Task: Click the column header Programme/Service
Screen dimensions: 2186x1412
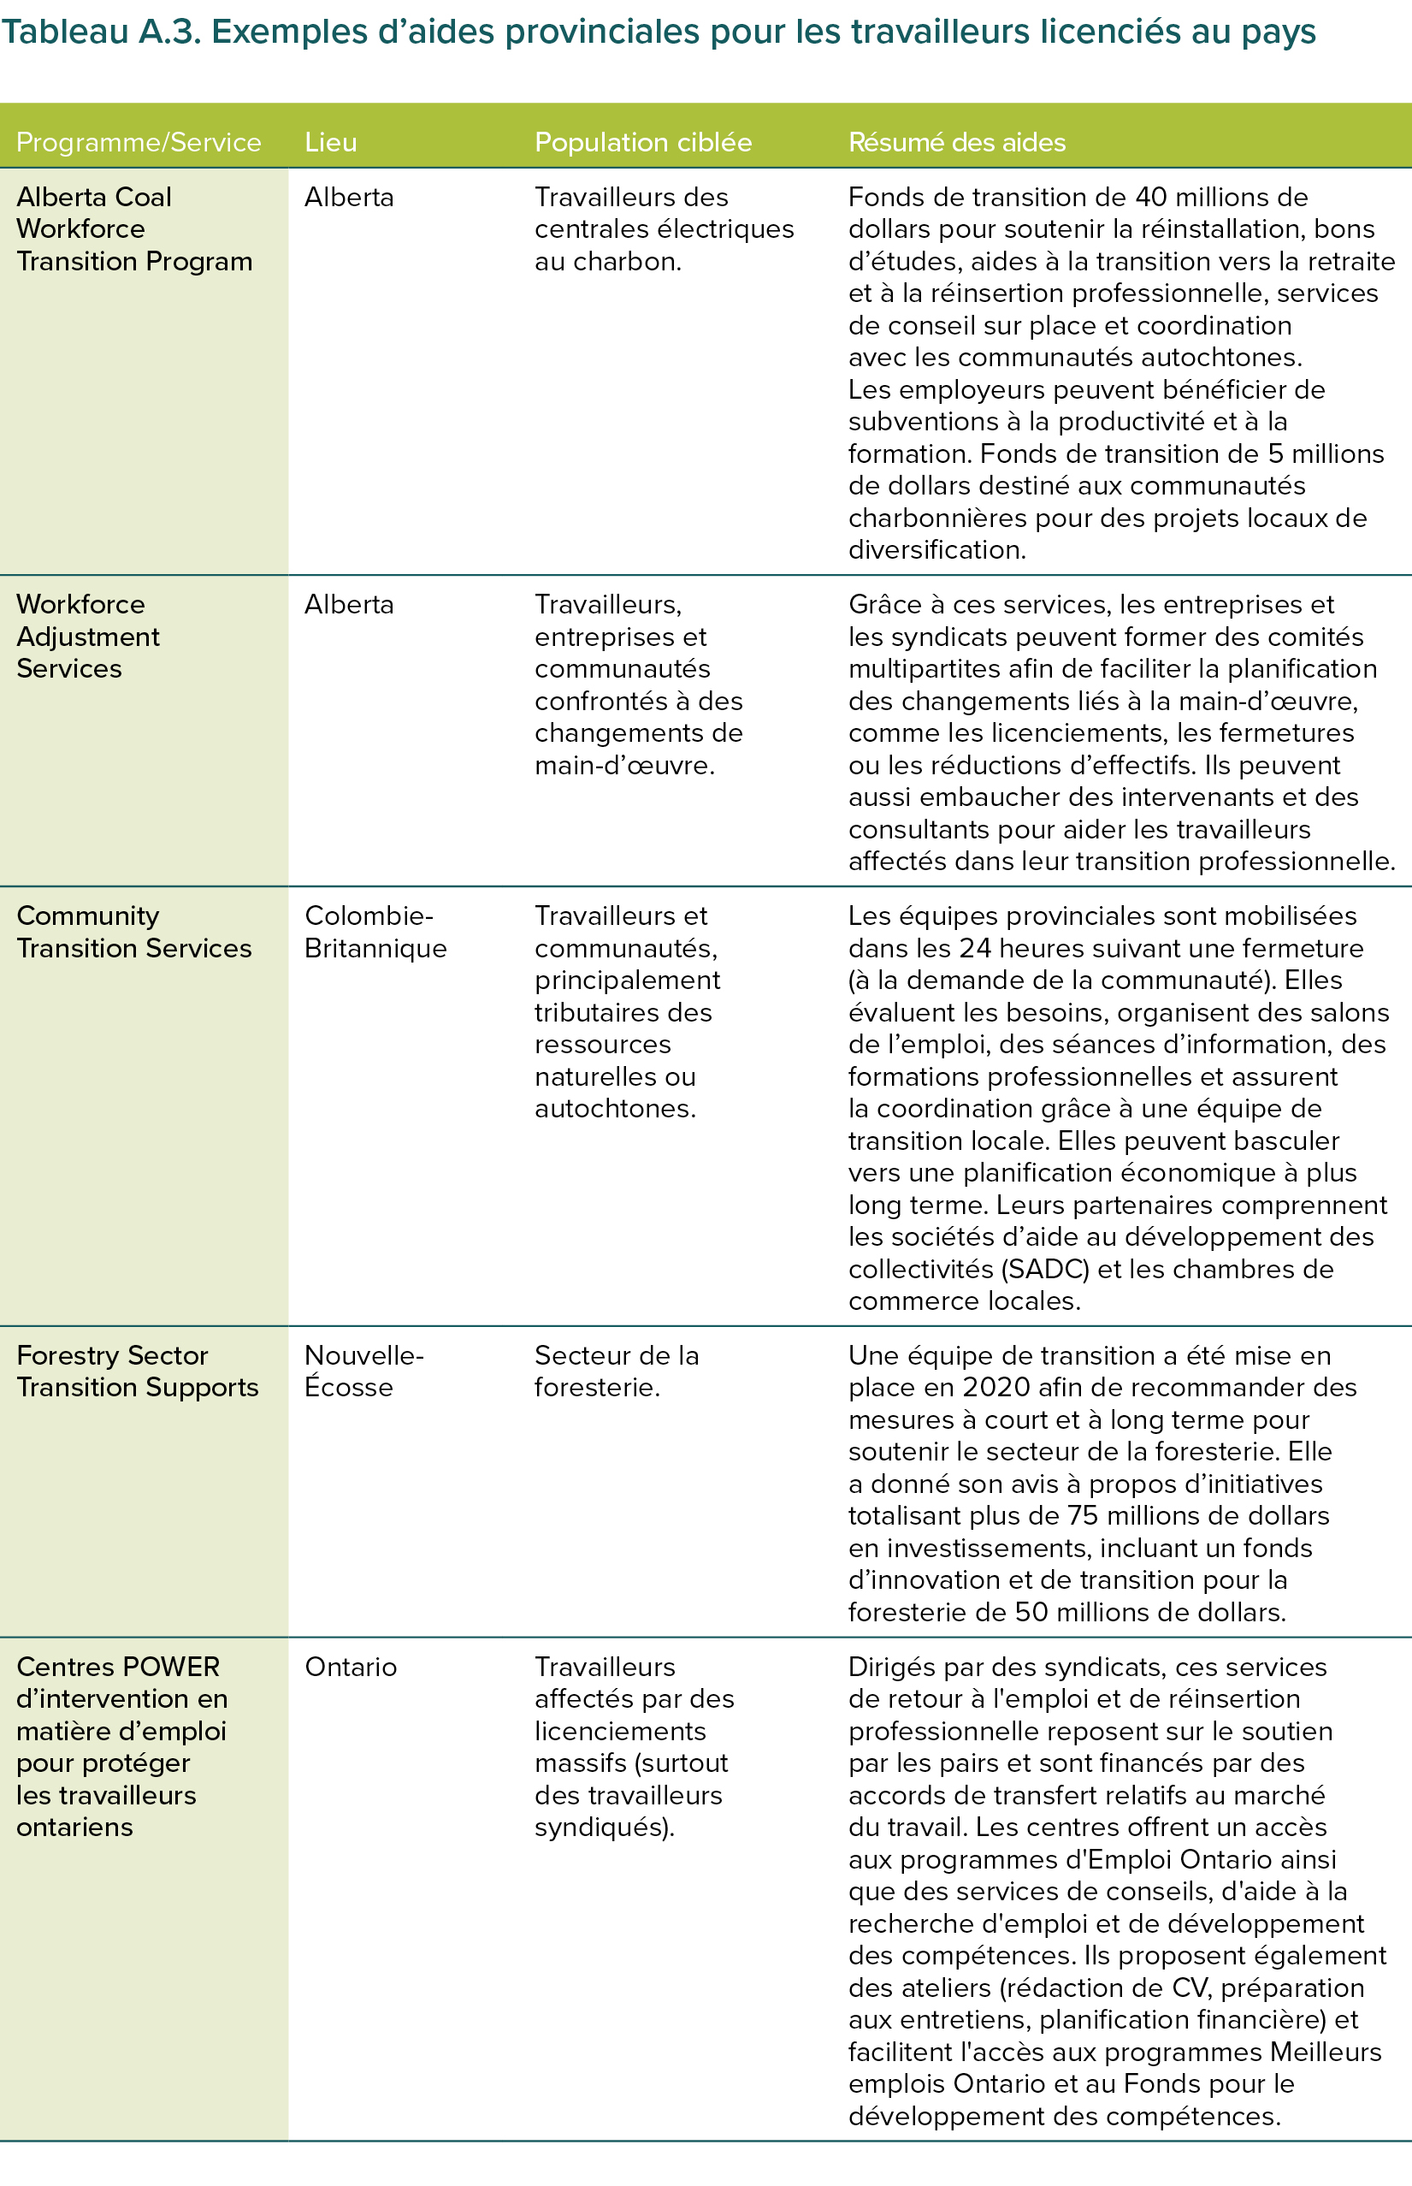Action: click(139, 142)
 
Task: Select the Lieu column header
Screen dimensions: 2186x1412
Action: click(330, 142)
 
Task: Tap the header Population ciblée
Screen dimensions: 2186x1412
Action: click(643, 142)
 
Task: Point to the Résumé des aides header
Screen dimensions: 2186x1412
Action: click(956, 142)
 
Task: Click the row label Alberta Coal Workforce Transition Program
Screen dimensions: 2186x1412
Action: click(134, 229)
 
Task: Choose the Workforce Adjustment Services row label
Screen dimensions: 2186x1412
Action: click(88, 637)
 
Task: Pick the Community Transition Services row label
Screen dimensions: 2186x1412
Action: click(134, 932)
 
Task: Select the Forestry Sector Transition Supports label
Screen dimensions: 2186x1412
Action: click(138, 1371)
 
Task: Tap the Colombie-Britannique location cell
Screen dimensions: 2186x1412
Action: click(375, 932)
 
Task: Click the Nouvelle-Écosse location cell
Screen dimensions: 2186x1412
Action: click(363, 1371)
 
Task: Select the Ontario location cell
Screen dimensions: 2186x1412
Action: click(351, 1667)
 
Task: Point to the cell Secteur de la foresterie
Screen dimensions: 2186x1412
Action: click(616, 1371)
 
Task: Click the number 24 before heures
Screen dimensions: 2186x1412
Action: click(977, 948)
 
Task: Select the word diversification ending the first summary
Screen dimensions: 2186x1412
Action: click(936, 549)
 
